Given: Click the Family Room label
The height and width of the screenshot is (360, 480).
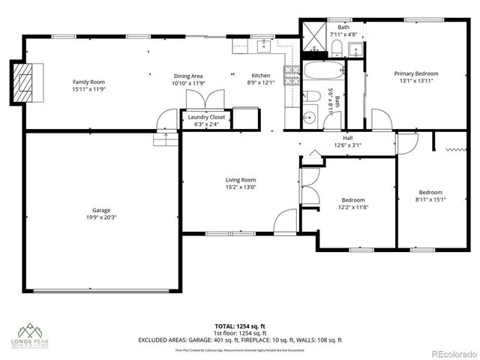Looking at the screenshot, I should (x=88, y=81).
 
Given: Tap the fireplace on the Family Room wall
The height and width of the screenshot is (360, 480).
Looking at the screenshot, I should (x=24, y=76).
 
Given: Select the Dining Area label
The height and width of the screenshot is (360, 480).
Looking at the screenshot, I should (x=188, y=76).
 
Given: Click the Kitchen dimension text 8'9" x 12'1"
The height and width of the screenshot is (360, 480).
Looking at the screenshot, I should (x=261, y=83).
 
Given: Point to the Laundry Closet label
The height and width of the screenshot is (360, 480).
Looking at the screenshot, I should (x=206, y=117).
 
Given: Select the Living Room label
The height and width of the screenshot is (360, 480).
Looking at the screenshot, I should (x=241, y=180).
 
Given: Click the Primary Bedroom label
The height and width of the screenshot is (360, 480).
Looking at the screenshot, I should (x=416, y=73).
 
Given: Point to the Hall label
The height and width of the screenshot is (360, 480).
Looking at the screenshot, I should (x=347, y=138).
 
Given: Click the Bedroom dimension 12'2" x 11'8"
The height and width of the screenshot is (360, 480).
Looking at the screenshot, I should (x=352, y=208).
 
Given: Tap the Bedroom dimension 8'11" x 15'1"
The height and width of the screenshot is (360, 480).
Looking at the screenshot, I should (x=430, y=199).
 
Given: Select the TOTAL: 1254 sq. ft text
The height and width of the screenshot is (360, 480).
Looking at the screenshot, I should (x=240, y=326).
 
